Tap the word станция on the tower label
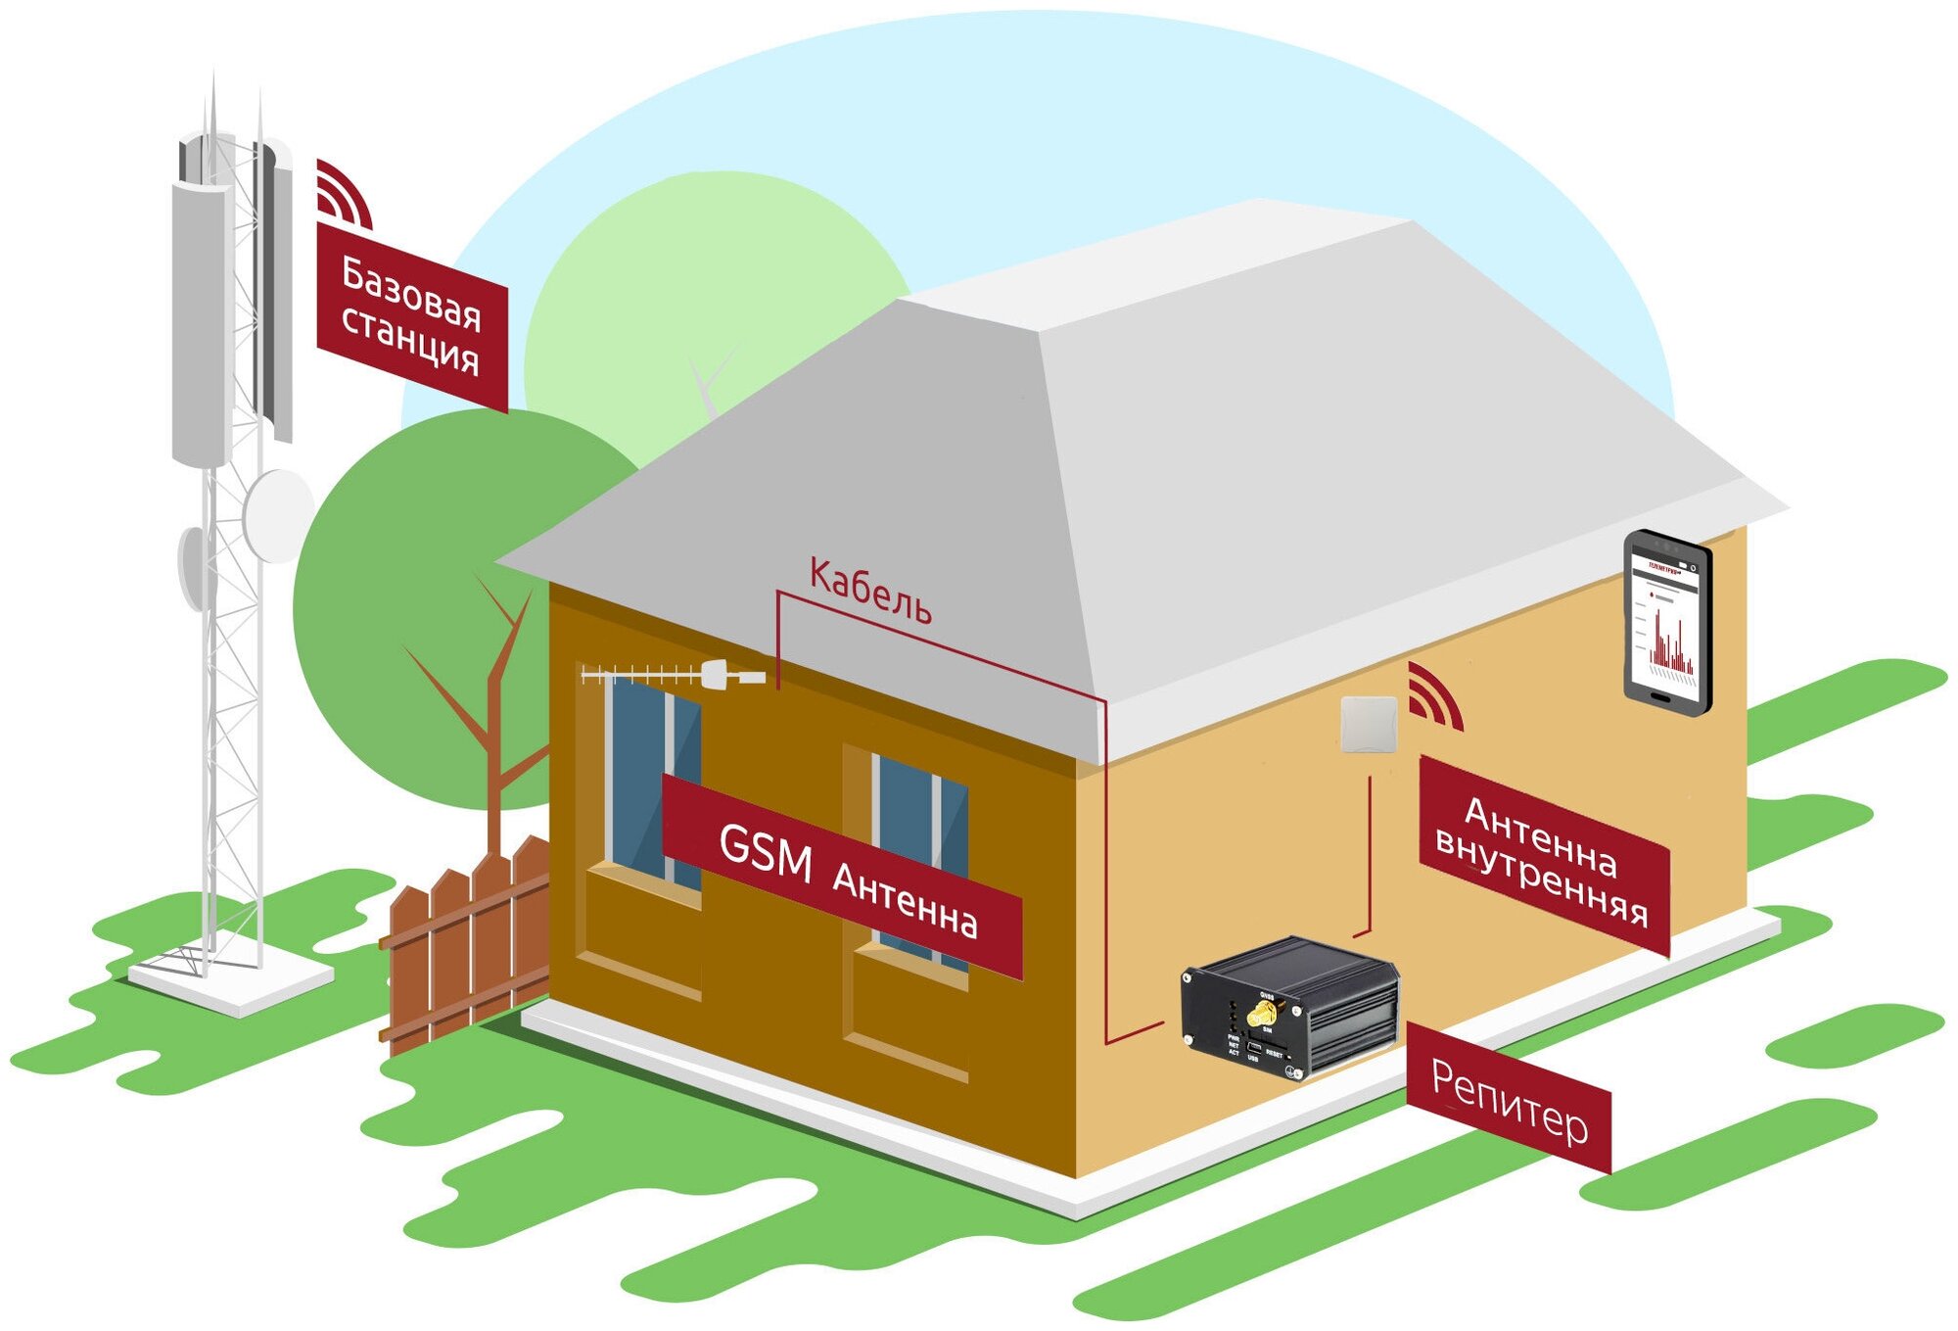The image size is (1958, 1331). click(x=410, y=338)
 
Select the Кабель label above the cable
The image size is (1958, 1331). click(x=869, y=591)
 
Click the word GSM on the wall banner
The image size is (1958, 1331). click(x=765, y=851)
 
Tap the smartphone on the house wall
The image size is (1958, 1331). click(x=1667, y=622)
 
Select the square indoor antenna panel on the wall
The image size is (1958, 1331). click(x=1368, y=724)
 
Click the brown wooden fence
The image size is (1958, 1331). click(x=465, y=945)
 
